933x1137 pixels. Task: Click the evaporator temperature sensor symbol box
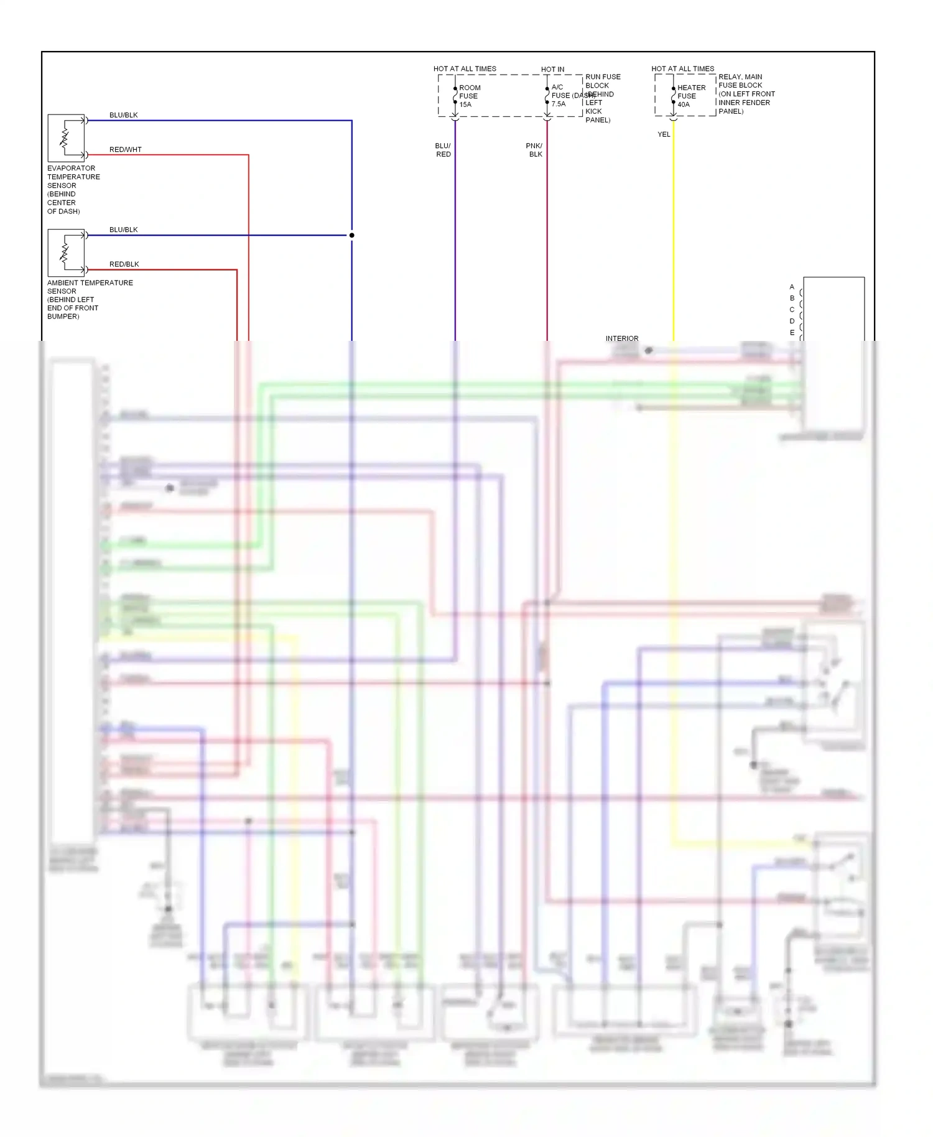pos(66,137)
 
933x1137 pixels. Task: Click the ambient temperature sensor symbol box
pos(66,253)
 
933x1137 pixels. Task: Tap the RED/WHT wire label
pos(126,150)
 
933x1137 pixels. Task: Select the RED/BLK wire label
pos(124,264)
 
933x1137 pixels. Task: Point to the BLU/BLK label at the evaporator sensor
pos(124,115)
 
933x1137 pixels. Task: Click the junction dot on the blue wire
pos(351,235)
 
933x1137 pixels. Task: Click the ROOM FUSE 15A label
pos(469,96)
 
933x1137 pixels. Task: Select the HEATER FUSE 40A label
pos(690,96)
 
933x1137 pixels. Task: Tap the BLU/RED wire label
pos(443,150)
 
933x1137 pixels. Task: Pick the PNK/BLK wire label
pos(534,150)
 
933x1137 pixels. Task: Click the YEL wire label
pos(664,134)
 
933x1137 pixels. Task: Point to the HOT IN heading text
pos(552,69)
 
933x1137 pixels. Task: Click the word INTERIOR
pos(622,338)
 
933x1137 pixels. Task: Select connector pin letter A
pos(792,287)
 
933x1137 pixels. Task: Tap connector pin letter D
pos(792,321)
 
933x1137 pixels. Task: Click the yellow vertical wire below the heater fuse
pos(673,236)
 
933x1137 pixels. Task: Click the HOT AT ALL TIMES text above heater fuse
pos(682,68)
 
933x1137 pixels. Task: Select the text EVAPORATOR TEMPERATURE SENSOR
pos(73,177)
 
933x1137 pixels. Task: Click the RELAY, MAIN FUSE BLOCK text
pos(740,81)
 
